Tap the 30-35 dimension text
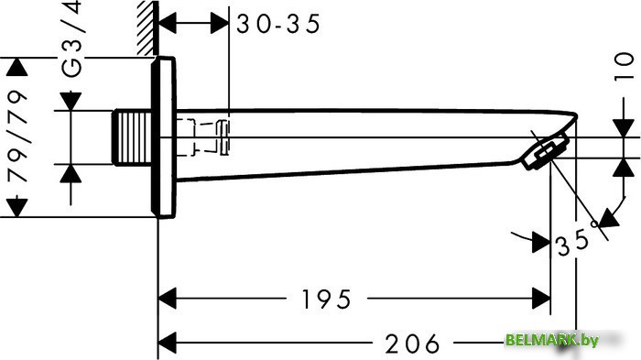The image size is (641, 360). coord(277,25)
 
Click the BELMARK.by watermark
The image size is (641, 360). coord(551,341)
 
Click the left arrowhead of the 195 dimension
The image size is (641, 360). coord(170,298)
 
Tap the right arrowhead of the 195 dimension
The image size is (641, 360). coord(540,298)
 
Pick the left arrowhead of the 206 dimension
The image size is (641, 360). coord(170,344)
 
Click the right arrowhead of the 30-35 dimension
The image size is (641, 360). coord(220,24)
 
